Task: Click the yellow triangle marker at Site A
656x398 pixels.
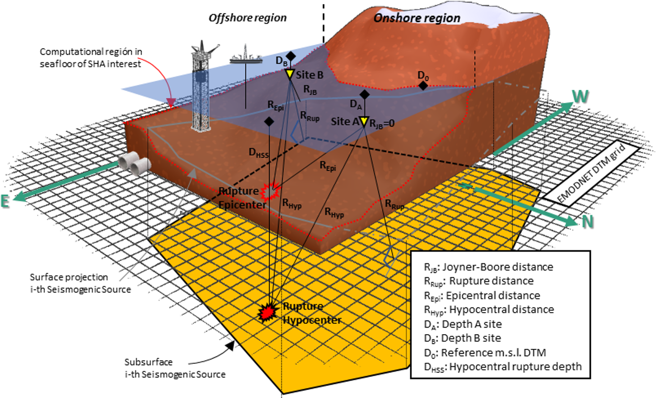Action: [364, 122]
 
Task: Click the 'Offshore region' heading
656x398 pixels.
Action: [248, 18]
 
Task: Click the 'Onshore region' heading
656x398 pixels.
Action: [417, 18]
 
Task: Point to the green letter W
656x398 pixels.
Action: [580, 96]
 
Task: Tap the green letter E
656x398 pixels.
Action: [5, 202]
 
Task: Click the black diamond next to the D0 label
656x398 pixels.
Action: [423, 86]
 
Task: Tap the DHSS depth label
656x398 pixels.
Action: [258, 153]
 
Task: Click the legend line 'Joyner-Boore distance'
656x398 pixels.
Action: [489, 267]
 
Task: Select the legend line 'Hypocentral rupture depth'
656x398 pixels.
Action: [502, 367]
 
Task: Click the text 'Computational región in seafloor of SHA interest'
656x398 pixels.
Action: [91, 58]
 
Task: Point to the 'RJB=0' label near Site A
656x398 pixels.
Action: [382, 124]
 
